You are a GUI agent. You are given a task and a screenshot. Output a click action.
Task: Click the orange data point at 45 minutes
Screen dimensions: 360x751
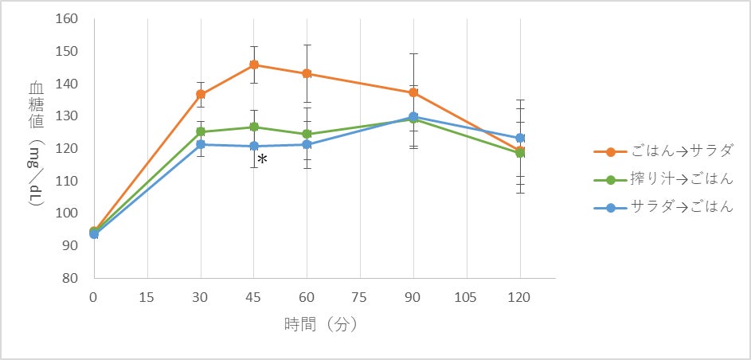(254, 65)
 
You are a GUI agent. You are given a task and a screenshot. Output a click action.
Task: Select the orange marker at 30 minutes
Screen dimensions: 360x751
(201, 94)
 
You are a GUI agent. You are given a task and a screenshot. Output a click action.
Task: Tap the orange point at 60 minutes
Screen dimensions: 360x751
(307, 73)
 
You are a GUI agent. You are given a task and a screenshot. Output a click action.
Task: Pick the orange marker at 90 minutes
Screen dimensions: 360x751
(413, 92)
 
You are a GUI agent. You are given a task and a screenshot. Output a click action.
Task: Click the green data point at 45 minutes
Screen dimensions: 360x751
(254, 127)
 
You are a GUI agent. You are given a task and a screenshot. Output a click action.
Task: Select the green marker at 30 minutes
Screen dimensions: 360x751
(201, 131)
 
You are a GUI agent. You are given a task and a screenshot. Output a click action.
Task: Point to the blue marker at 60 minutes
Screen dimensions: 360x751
(307, 144)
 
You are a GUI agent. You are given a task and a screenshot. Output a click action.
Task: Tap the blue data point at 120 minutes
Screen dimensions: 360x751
(520, 138)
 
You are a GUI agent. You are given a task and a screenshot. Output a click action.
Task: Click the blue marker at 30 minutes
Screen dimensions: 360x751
(201, 144)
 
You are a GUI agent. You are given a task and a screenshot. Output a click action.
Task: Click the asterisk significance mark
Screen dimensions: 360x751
(262, 160)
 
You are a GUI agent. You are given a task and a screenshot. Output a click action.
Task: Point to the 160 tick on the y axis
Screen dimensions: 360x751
(65, 18)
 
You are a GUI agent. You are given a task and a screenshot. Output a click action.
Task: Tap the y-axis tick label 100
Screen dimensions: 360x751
(65, 213)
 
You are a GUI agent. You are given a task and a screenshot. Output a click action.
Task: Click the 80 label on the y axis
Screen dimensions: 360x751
(68, 278)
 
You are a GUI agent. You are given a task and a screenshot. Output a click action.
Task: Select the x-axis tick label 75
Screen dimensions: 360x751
(360, 297)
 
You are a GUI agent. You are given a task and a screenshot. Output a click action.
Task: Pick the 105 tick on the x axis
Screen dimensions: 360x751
(467, 297)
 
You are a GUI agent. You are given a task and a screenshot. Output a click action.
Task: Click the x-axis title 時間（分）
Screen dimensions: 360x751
(320, 325)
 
